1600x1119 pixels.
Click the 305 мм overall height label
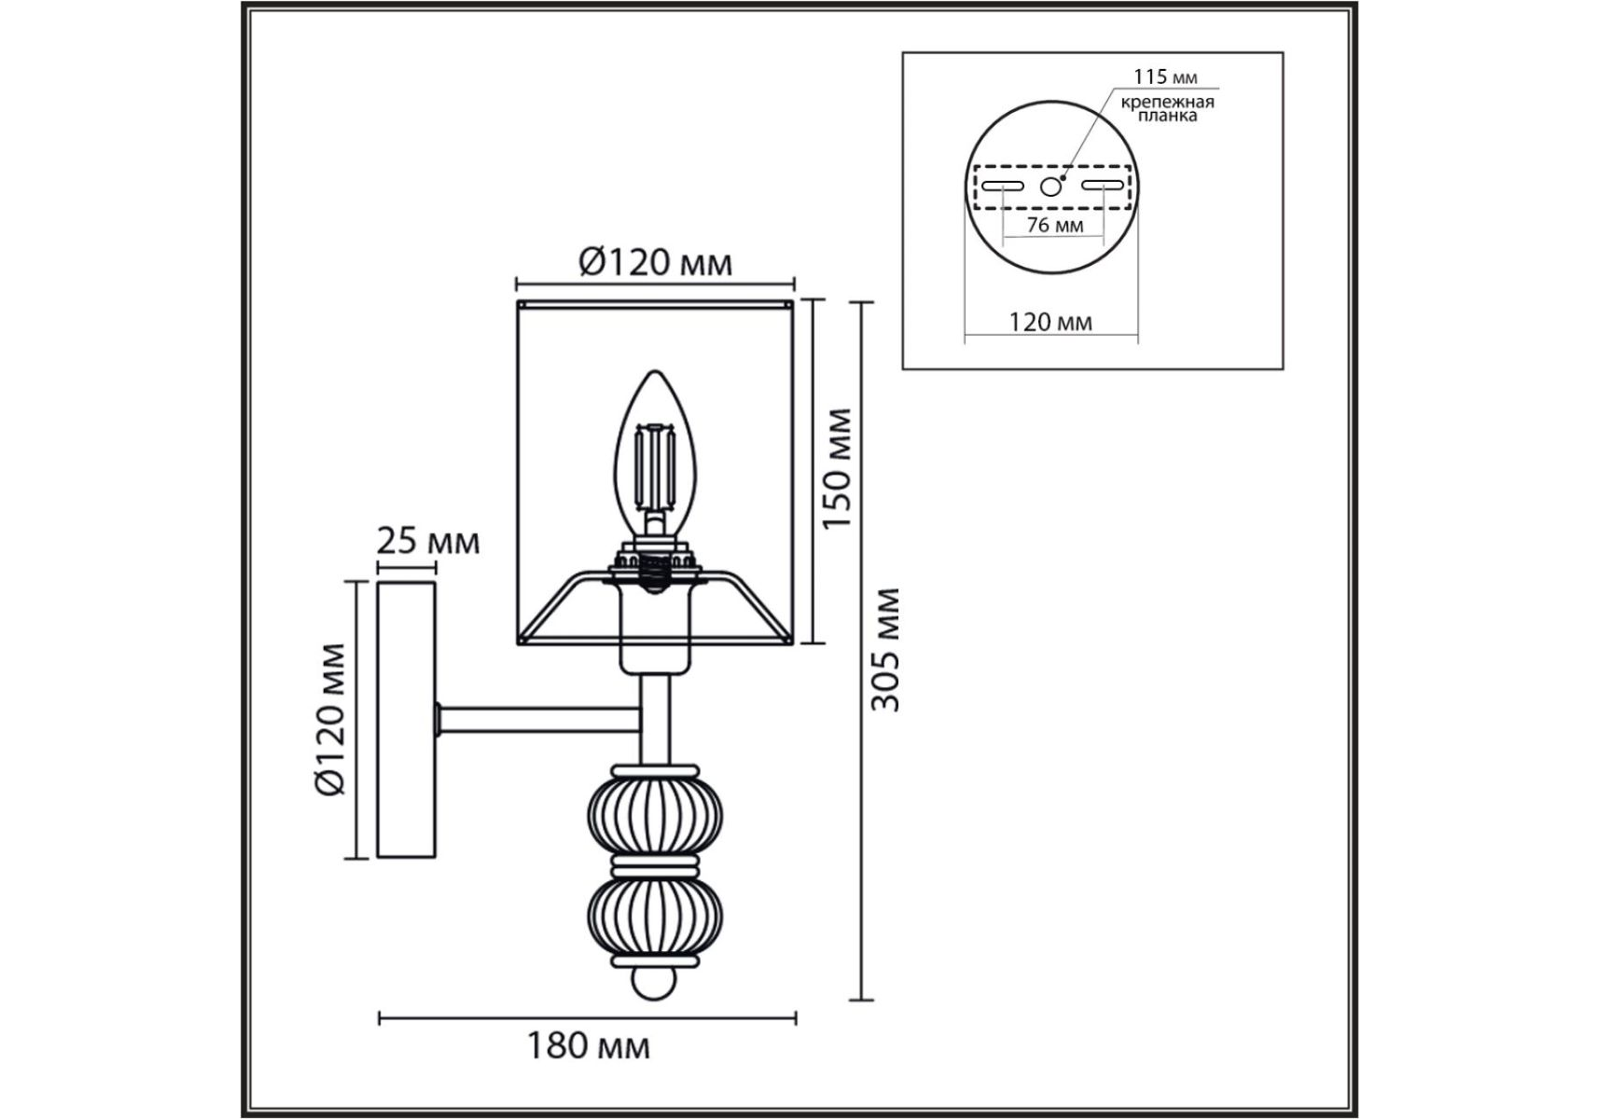click(885, 649)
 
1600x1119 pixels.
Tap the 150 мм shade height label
click(837, 467)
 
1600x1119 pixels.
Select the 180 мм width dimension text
click(589, 1046)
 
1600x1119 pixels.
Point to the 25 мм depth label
click(428, 541)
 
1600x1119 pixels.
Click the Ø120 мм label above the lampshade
click(656, 263)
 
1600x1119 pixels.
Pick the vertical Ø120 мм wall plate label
click(331, 719)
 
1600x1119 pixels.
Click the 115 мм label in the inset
click(1165, 76)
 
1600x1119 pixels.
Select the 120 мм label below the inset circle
click(1050, 322)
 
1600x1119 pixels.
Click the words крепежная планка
click(1167, 109)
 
